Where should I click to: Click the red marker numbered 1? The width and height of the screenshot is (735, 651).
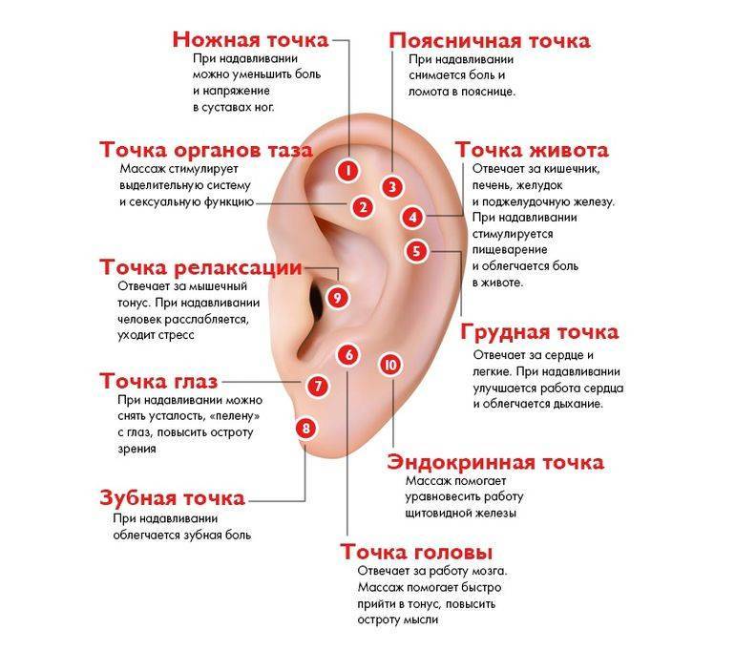[x=347, y=171]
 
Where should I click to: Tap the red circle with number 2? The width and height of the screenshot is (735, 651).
[x=363, y=207]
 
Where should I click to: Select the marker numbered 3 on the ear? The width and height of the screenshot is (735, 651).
[x=392, y=186]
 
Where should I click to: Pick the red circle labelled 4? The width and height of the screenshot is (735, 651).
[x=412, y=217]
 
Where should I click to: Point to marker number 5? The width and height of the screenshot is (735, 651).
[x=417, y=251]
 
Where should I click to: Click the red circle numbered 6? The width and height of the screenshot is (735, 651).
[x=348, y=355]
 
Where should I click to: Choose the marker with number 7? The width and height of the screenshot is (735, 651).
[x=318, y=387]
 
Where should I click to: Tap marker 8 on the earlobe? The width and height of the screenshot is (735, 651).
[x=305, y=428]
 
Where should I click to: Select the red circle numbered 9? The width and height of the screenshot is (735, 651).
[x=338, y=297]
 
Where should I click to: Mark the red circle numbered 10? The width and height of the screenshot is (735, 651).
[x=390, y=365]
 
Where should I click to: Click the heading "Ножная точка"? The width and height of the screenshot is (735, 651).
[x=251, y=40]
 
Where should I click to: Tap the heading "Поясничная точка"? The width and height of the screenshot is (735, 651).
[x=490, y=41]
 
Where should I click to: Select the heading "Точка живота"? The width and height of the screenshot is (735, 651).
[x=532, y=150]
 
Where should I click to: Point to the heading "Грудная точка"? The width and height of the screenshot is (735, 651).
[x=539, y=332]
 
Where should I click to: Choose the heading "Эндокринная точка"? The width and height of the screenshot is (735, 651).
[x=495, y=463]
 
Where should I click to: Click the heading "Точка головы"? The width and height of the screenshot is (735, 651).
[x=416, y=552]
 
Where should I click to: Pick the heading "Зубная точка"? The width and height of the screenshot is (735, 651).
[x=173, y=497]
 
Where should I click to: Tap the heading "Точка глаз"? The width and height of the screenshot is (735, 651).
[x=158, y=381]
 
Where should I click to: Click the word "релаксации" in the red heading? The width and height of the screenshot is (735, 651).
[x=238, y=268]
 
